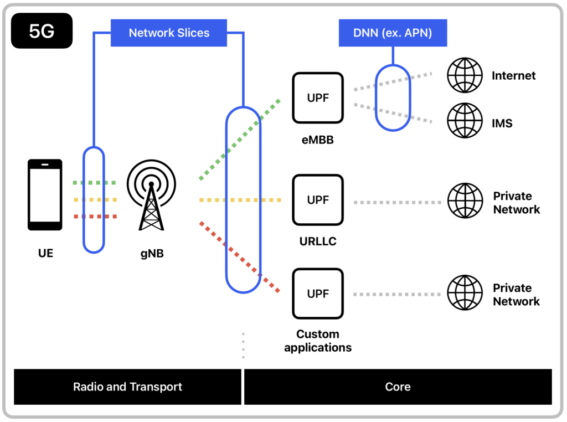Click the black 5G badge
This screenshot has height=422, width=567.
click(x=42, y=31)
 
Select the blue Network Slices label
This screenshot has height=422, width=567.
click(x=169, y=33)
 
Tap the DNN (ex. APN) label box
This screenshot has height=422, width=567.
click(x=393, y=33)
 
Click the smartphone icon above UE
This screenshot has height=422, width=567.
click(x=45, y=194)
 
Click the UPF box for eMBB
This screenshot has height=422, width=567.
click(x=318, y=98)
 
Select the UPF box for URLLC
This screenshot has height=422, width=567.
click(x=318, y=200)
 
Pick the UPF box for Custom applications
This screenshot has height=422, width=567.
click(x=318, y=294)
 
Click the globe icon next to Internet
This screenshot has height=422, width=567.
click(x=465, y=75)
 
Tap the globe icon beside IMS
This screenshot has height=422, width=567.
click(x=465, y=120)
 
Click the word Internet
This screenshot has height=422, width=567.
click(x=513, y=76)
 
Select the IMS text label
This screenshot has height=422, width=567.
click(x=502, y=123)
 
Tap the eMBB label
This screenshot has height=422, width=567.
click(x=317, y=140)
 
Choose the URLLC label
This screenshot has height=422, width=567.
click(x=318, y=241)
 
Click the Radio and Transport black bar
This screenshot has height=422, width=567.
click(x=127, y=387)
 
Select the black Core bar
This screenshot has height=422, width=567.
click(x=398, y=387)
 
